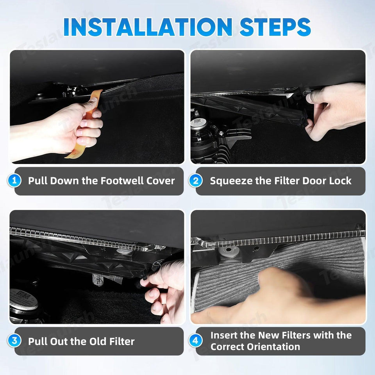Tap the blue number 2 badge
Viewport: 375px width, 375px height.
tap(196, 181)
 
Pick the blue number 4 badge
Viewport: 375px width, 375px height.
tap(196, 341)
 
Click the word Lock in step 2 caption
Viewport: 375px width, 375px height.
tap(340, 181)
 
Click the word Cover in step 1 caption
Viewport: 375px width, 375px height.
tap(161, 181)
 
